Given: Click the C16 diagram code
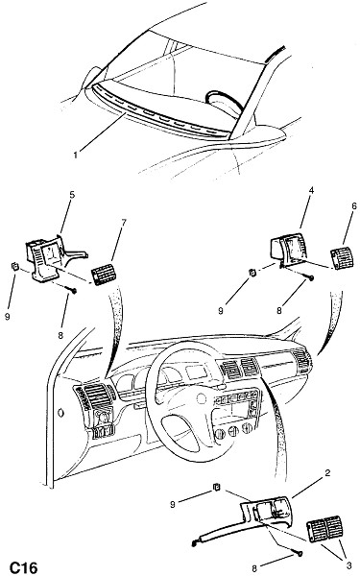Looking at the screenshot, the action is [23, 567].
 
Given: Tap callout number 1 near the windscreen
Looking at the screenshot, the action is [75, 155].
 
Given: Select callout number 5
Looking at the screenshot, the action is [72, 194].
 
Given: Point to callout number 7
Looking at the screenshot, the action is [124, 223].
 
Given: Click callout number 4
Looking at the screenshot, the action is [311, 190].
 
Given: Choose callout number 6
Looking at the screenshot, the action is [353, 205].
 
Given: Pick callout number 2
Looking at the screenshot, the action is [327, 472].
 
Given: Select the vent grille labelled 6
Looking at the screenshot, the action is [343, 259].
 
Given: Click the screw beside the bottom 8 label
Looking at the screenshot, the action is [298, 553].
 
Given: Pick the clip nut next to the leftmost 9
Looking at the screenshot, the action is [14, 266].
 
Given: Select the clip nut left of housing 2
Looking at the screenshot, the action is [217, 487].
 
